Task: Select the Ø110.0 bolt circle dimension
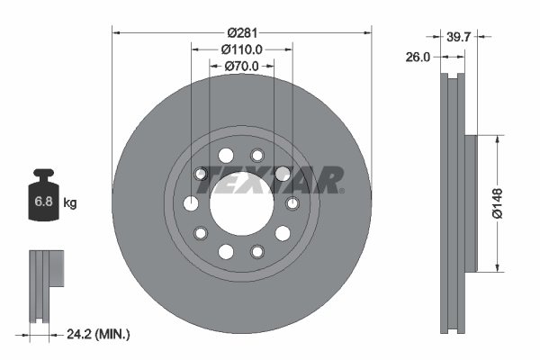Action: click(241, 49)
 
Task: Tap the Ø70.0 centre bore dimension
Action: click(241, 66)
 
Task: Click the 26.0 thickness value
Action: click(418, 56)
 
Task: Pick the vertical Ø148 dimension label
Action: click(509, 202)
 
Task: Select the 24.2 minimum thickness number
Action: click(83, 335)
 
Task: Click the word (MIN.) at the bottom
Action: click(114, 335)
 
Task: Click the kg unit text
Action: click(71, 203)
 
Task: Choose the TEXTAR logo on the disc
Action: click(271, 180)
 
